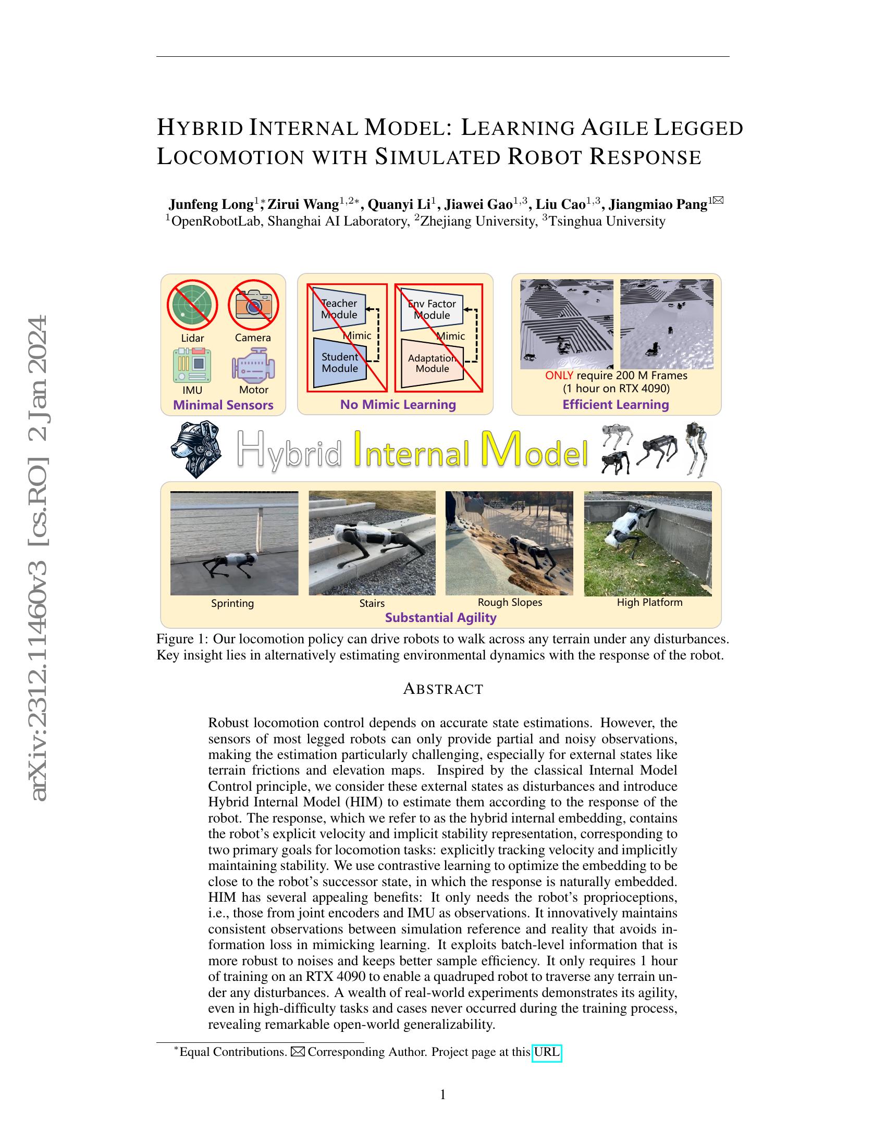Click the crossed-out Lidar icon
click(192, 305)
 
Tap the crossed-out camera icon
click(253, 305)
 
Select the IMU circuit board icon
click(192, 365)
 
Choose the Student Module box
click(340, 363)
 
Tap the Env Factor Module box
click(432, 309)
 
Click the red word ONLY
click(559, 376)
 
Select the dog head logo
click(196, 450)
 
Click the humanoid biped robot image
click(697, 450)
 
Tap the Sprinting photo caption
click(232, 603)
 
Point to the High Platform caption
click(649, 602)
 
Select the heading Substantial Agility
click(440, 618)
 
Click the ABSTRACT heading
click(443, 689)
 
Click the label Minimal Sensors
click(223, 405)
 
